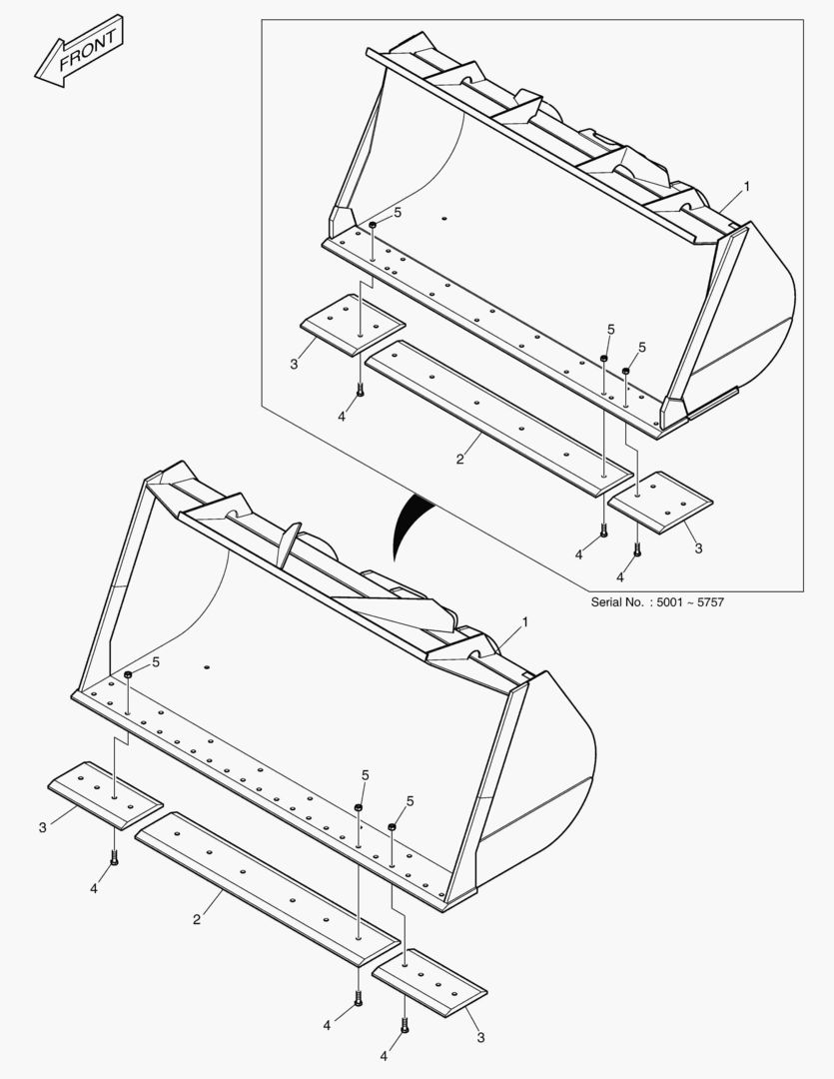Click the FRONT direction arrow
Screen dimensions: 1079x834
coord(80,50)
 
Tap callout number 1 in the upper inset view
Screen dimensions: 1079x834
coord(746,187)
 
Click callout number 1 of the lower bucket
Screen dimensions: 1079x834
coord(525,621)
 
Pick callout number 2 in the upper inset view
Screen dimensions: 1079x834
coord(459,459)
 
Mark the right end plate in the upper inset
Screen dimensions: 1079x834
coord(659,503)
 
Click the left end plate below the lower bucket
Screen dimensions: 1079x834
coord(105,795)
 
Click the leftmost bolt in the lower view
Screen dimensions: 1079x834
coord(114,857)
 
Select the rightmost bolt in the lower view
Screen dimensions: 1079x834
coord(404,1023)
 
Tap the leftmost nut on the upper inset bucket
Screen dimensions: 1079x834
coord(372,227)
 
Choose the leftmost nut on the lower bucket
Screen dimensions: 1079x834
coord(129,676)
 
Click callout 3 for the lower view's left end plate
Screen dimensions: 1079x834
coord(42,826)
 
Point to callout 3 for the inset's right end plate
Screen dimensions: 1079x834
coord(698,548)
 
